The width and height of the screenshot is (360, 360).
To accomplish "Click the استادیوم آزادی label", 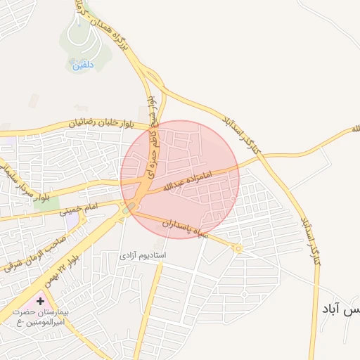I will [143, 253].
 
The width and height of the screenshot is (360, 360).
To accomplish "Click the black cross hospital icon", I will [41, 301].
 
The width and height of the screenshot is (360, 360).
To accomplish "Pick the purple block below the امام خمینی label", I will [72, 220].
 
